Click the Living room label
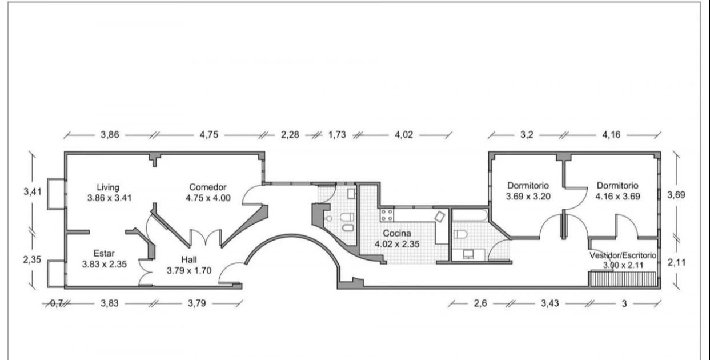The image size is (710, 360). click(108, 187)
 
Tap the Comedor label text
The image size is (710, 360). click(208, 187)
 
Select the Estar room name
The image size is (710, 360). click(104, 253)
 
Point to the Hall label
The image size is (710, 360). click(189, 259)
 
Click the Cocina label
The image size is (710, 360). click(397, 233)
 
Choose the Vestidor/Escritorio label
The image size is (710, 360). click(623, 255)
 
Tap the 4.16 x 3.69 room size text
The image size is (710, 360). click(618, 197)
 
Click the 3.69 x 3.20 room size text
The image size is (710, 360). click(528, 197)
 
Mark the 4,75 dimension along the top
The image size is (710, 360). click(209, 135)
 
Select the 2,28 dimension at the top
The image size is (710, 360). click(290, 135)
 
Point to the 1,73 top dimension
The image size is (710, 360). click(337, 135)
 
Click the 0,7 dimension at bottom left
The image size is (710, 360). click(56, 303)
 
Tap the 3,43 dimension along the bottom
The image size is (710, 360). click(550, 303)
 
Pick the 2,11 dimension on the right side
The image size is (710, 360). click(677, 263)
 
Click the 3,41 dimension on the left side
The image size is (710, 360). click(33, 191)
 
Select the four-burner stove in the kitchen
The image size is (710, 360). click(387, 215)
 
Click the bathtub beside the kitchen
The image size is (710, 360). click(470, 215)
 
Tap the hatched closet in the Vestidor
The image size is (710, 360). click(623, 279)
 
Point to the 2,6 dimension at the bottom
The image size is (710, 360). click(480, 303)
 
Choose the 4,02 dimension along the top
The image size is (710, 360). click(404, 135)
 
